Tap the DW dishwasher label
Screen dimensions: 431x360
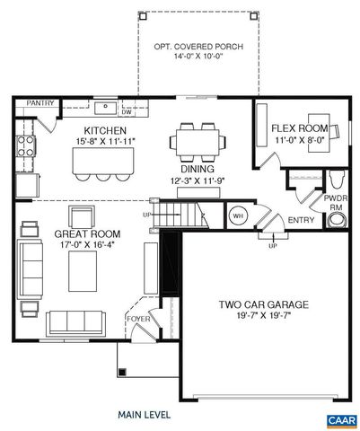coord(127,112)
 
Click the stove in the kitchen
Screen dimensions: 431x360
coord(26,148)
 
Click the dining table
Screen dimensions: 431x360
coord(197,143)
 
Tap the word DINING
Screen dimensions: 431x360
coord(196,169)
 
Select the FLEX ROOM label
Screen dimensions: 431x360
coord(299,128)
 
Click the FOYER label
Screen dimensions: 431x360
coord(137,318)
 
